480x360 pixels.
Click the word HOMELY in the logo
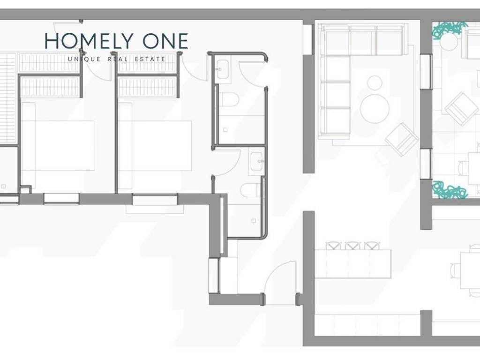point(90,41)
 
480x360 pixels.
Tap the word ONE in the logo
point(165,41)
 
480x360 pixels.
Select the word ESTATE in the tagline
point(150,59)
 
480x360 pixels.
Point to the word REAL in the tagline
point(118,59)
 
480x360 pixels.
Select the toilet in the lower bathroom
point(250,190)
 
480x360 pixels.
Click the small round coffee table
point(375,82)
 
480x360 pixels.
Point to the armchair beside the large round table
point(402,139)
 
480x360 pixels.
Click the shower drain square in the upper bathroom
point(225,130)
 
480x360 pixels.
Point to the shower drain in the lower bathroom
point(254,220)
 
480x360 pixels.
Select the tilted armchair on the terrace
point(462,109)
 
